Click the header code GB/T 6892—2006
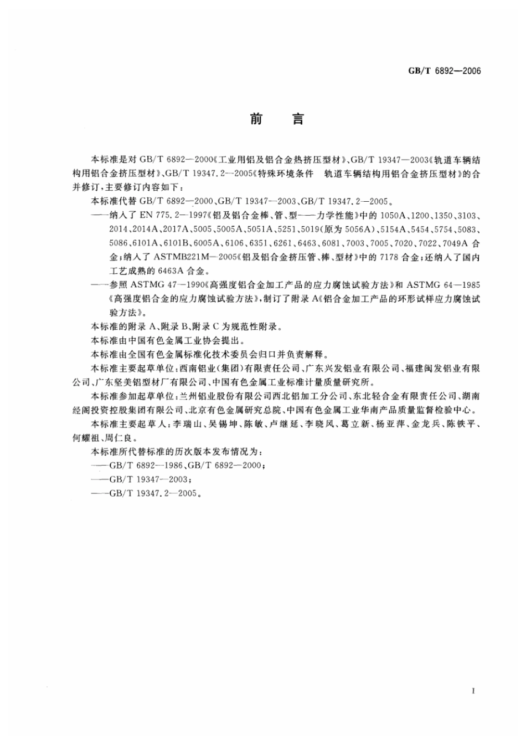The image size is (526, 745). tap(444, 70)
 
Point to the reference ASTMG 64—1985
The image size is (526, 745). tap(443, 285)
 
